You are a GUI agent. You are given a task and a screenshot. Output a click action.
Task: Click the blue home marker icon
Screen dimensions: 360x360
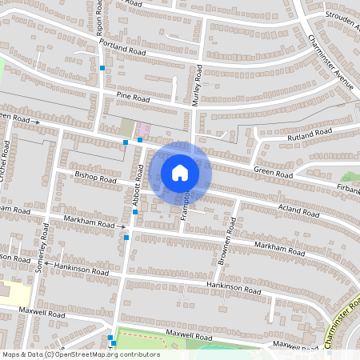[180, 172]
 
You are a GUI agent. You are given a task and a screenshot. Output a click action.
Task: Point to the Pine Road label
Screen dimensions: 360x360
[133, 96]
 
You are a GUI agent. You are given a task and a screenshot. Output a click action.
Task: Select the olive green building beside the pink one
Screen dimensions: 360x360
[126, 126]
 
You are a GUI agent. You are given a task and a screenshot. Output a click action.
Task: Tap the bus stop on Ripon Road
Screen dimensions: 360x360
[102, 69]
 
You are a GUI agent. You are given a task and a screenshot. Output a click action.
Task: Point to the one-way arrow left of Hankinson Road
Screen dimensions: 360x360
[47, 262]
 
